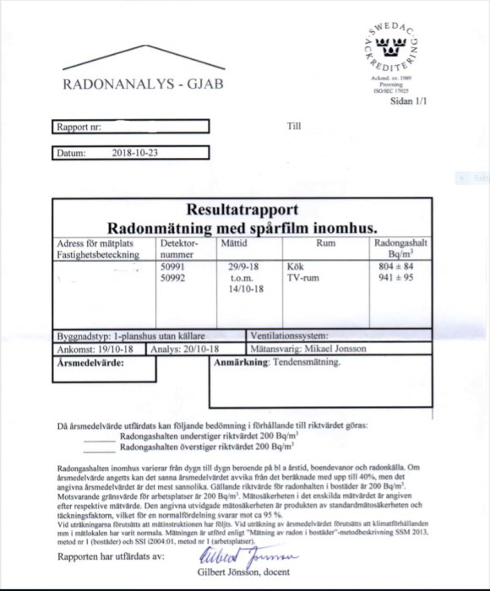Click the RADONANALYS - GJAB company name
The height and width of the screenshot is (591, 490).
(x=140, y=84)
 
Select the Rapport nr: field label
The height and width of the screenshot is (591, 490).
(x=79, y=127)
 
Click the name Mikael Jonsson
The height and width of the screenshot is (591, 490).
(x=348, y=347)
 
